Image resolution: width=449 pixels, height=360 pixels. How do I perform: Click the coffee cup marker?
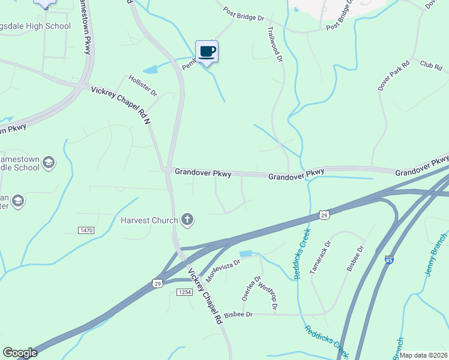click(206, 52)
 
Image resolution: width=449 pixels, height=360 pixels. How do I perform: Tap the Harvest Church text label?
click(149, 220)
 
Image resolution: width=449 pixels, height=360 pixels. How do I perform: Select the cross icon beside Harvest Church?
click(187, 220)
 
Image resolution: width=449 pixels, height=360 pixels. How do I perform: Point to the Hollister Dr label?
click(142, 86)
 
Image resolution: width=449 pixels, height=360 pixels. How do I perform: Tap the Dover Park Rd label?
click(394, 75)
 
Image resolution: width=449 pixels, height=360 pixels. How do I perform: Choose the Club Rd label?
click(430, 64)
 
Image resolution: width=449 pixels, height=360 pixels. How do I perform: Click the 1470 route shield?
click(86, 230)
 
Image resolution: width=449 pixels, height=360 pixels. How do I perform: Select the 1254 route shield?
click(184, 292)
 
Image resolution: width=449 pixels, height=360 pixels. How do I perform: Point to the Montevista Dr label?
click(223, 270)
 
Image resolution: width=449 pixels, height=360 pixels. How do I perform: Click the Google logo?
click(20, 353)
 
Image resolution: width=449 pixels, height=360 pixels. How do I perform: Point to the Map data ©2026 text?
click(423, 355)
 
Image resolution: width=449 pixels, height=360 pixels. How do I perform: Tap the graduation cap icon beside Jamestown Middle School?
click(49, 162)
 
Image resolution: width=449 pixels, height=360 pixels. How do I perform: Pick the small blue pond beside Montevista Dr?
click(246, 254)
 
